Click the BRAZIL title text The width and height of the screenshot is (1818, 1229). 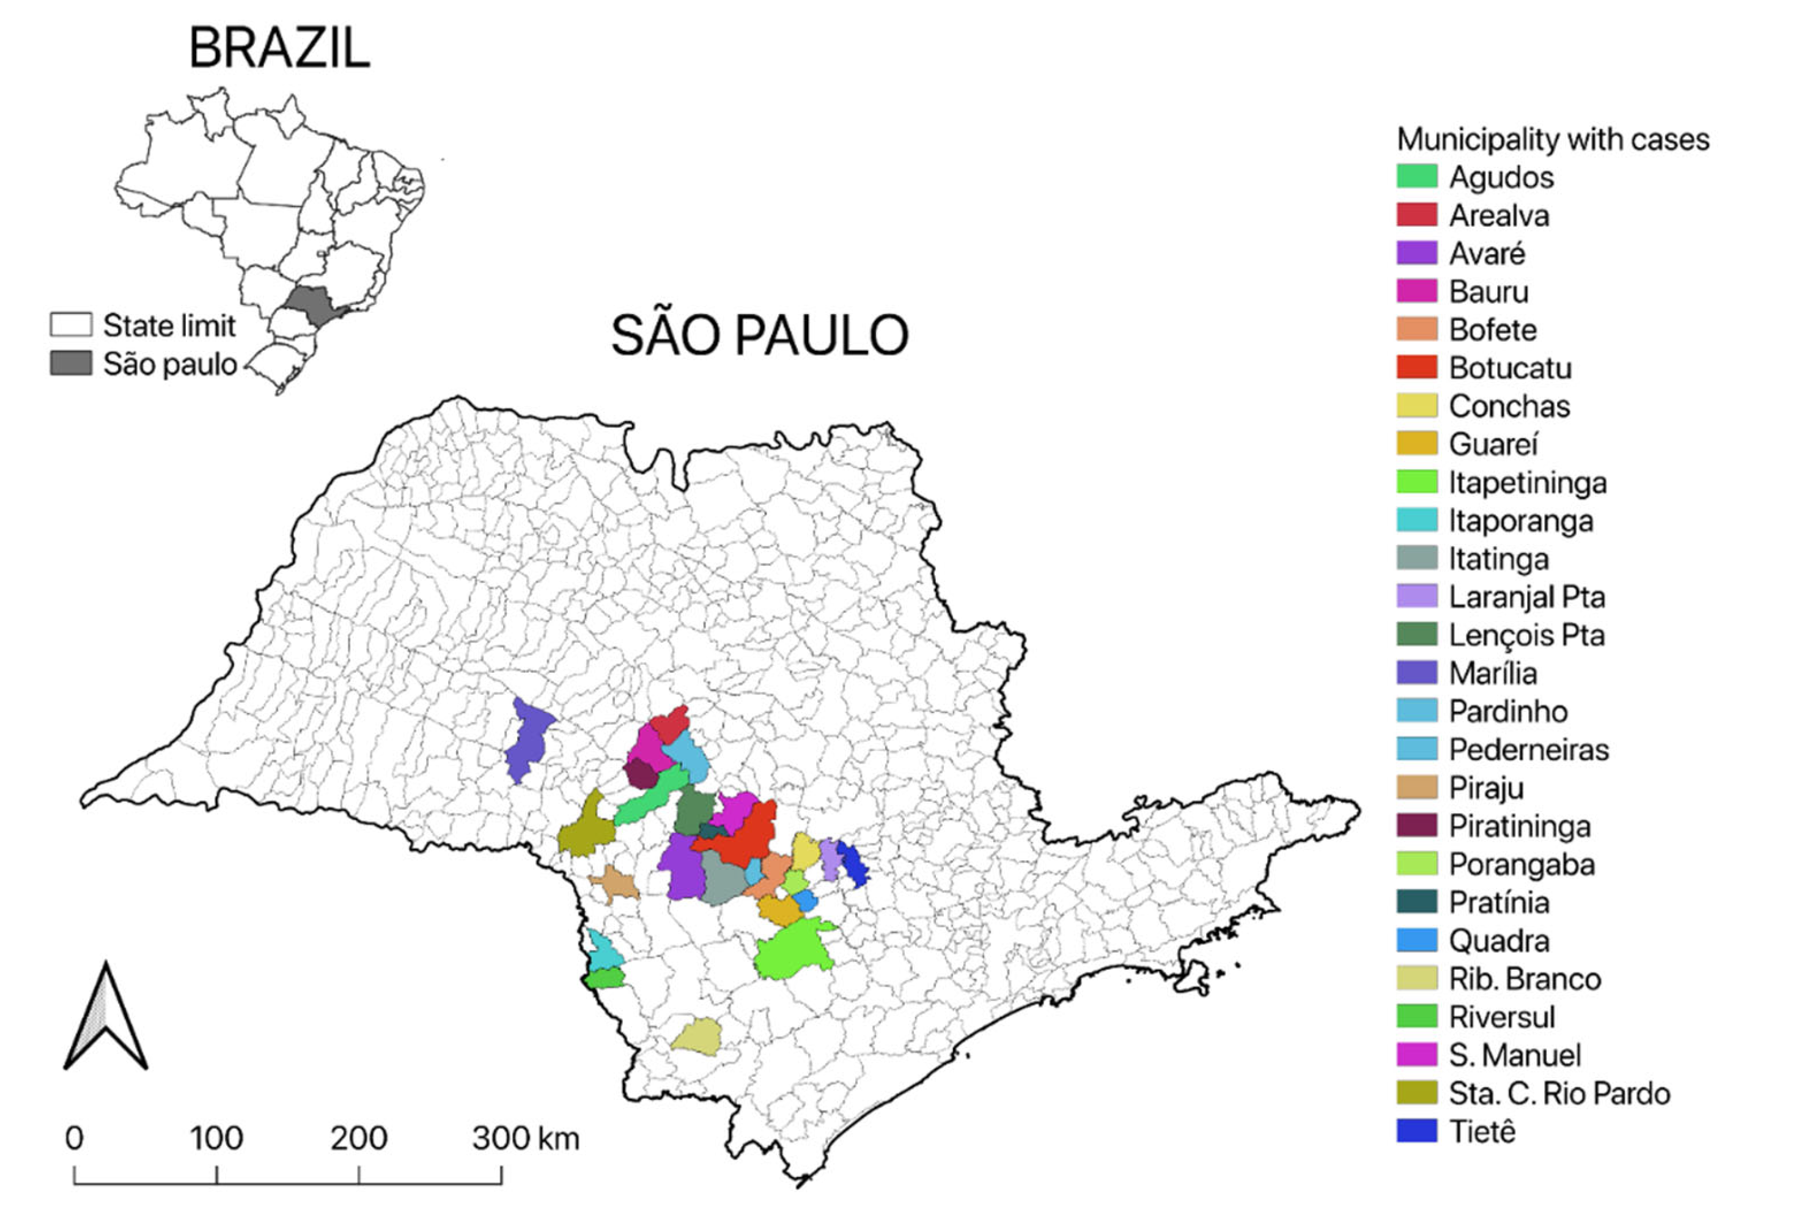click(x=279, y=48)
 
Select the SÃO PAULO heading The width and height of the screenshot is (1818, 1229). click(x=759, y=336)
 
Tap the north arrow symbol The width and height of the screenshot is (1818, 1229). click(x=106, y=1018)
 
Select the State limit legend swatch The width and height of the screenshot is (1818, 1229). click(x=70, y=325)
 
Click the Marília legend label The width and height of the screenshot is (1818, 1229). click(x=1492, y=673)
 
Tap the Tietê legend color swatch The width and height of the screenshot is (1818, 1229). click(x=1417, y=1131)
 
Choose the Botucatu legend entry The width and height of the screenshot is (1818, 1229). click(x=1509, y=368)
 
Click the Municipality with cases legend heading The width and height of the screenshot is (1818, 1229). click(x=1553, y=139)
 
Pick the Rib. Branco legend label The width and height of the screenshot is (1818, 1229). click(x=1524, y=978)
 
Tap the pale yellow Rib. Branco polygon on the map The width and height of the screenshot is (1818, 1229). click(x=697, y=1037)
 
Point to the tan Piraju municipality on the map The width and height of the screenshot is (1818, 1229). click(x=616, y=884)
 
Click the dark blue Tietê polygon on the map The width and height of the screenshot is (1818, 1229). click(x=854, y=864)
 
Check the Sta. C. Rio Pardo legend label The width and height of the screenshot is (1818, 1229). click(x=1558, y=1094)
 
